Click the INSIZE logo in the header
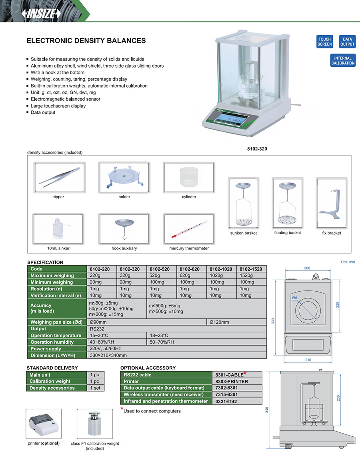pos(41,14)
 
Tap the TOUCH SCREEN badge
pos(325,42)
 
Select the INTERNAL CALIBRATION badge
pos(343,60)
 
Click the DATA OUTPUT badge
pos(347,42)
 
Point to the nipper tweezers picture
pos(59,177)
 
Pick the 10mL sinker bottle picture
pos(58,229)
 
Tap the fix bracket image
pos(332,203)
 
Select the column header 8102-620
pos(190,269)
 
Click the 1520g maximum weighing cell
pos(246,275)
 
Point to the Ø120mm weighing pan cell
pos(219,322)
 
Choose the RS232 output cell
pos(97,329)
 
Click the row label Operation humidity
pos(52,342)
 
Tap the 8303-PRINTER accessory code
pos(232,382)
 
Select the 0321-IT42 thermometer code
pos(226,401)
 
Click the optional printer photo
pos(44,424)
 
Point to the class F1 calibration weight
pos(95,424)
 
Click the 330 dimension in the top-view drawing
pos(273,321)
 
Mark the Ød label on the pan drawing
pos(294,298)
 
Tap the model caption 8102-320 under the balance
pos(257,149)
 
